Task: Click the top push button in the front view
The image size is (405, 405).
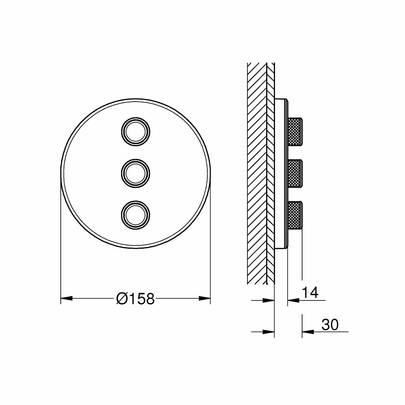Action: pos(136,131)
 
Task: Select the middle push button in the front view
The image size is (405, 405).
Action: pos(136,173)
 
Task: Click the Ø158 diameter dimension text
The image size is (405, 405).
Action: pos(135,299)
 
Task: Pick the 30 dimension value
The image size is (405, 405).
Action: pos(330,324)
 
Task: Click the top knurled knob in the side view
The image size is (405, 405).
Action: pos(294,131)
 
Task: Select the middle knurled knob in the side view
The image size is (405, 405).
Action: pos(294,173)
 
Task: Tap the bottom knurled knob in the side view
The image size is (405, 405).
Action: pos(294,215)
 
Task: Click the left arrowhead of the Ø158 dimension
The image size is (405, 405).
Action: pos(66,299)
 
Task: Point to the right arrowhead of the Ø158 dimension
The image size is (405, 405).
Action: pos(205,299)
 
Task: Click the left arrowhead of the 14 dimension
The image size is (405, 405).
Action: pos(269,301)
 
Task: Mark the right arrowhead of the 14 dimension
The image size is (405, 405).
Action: pos(293,301)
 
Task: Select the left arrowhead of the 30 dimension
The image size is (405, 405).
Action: pos(269,332)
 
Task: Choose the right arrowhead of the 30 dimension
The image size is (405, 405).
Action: pos(307,332)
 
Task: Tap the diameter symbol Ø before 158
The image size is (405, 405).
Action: pos(122,299)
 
